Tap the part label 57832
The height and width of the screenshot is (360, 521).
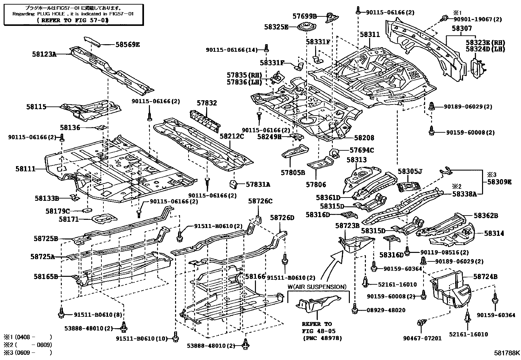207,103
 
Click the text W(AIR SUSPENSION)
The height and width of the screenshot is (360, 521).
317,287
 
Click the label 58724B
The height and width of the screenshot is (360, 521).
485,277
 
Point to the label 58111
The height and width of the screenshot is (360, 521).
25,169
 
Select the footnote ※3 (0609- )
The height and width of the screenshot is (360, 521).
28,353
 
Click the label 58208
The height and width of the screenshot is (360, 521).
364,138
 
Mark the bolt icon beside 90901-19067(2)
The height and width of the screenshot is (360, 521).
444,18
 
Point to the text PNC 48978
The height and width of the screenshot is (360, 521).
322,338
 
